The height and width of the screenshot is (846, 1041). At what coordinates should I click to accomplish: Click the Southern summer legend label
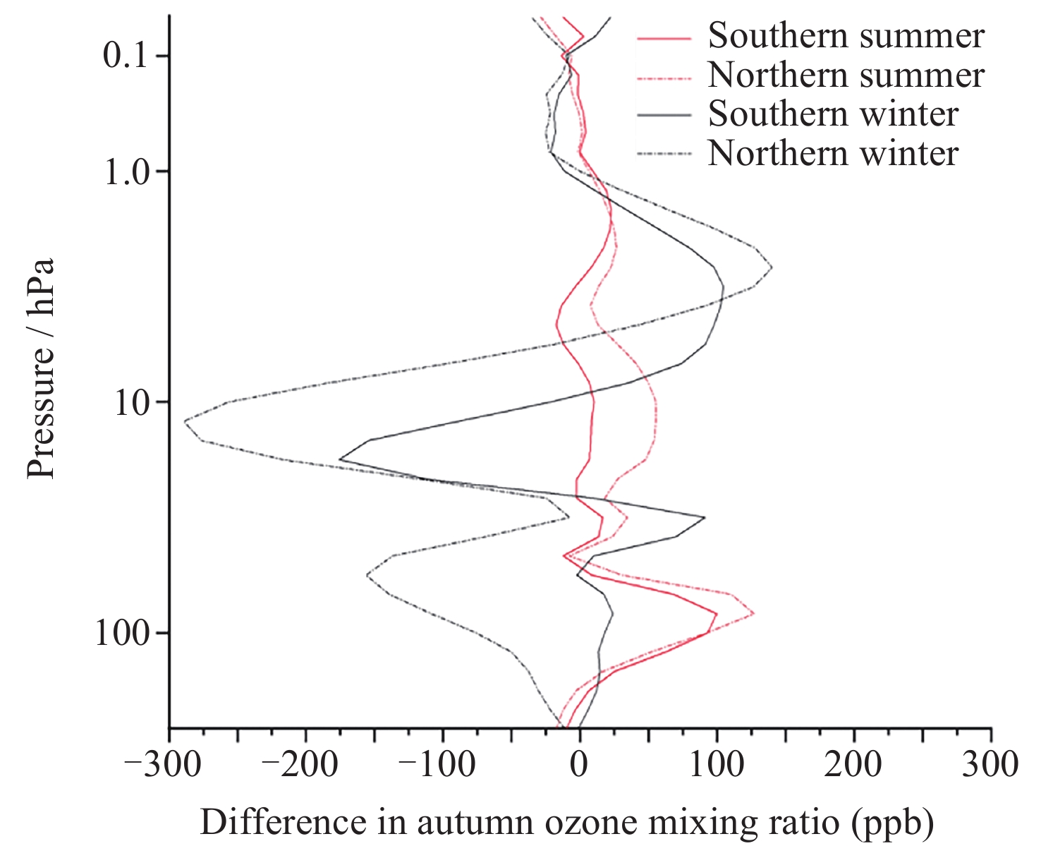[x=846, y=36]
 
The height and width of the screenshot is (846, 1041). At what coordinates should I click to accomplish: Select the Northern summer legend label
[x=846, y=75]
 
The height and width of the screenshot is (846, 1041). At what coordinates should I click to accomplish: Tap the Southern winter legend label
[x=833, y=114]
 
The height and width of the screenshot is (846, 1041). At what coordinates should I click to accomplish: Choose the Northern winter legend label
[x=833, y=154]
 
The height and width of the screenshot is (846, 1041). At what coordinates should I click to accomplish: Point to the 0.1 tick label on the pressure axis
[x=125, y=56]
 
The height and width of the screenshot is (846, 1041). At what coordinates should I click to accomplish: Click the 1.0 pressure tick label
[x=125, y=171]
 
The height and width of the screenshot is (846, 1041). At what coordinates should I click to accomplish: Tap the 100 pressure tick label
[x=123, y=633]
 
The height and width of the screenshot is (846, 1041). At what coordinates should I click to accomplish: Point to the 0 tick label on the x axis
[x=580, y=765]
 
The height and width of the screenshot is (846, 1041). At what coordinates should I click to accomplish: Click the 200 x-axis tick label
[x=854, y=765]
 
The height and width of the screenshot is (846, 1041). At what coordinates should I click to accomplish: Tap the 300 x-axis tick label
[x=991, y=765]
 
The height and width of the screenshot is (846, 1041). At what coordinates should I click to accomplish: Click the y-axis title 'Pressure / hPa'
[x=41, y=368]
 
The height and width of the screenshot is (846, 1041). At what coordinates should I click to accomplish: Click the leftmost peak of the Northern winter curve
[x=185, y=421]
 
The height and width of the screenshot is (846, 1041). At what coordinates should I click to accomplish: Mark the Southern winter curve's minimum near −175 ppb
[x=340, y=459]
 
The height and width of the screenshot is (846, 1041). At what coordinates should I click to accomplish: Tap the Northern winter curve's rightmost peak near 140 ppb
[x=772, y=267]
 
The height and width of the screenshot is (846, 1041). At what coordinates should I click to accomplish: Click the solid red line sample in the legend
[x=664, y=37]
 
